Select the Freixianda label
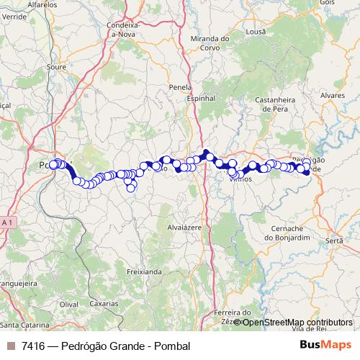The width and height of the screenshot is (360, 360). coord(144,272)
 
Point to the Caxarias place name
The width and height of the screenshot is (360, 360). coord(104,304)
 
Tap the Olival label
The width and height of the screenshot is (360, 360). coord(68,305)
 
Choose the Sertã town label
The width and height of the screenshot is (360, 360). coord(335,240)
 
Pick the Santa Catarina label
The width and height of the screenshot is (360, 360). coord(22,325)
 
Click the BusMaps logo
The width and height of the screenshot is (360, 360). coord(325,346)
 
